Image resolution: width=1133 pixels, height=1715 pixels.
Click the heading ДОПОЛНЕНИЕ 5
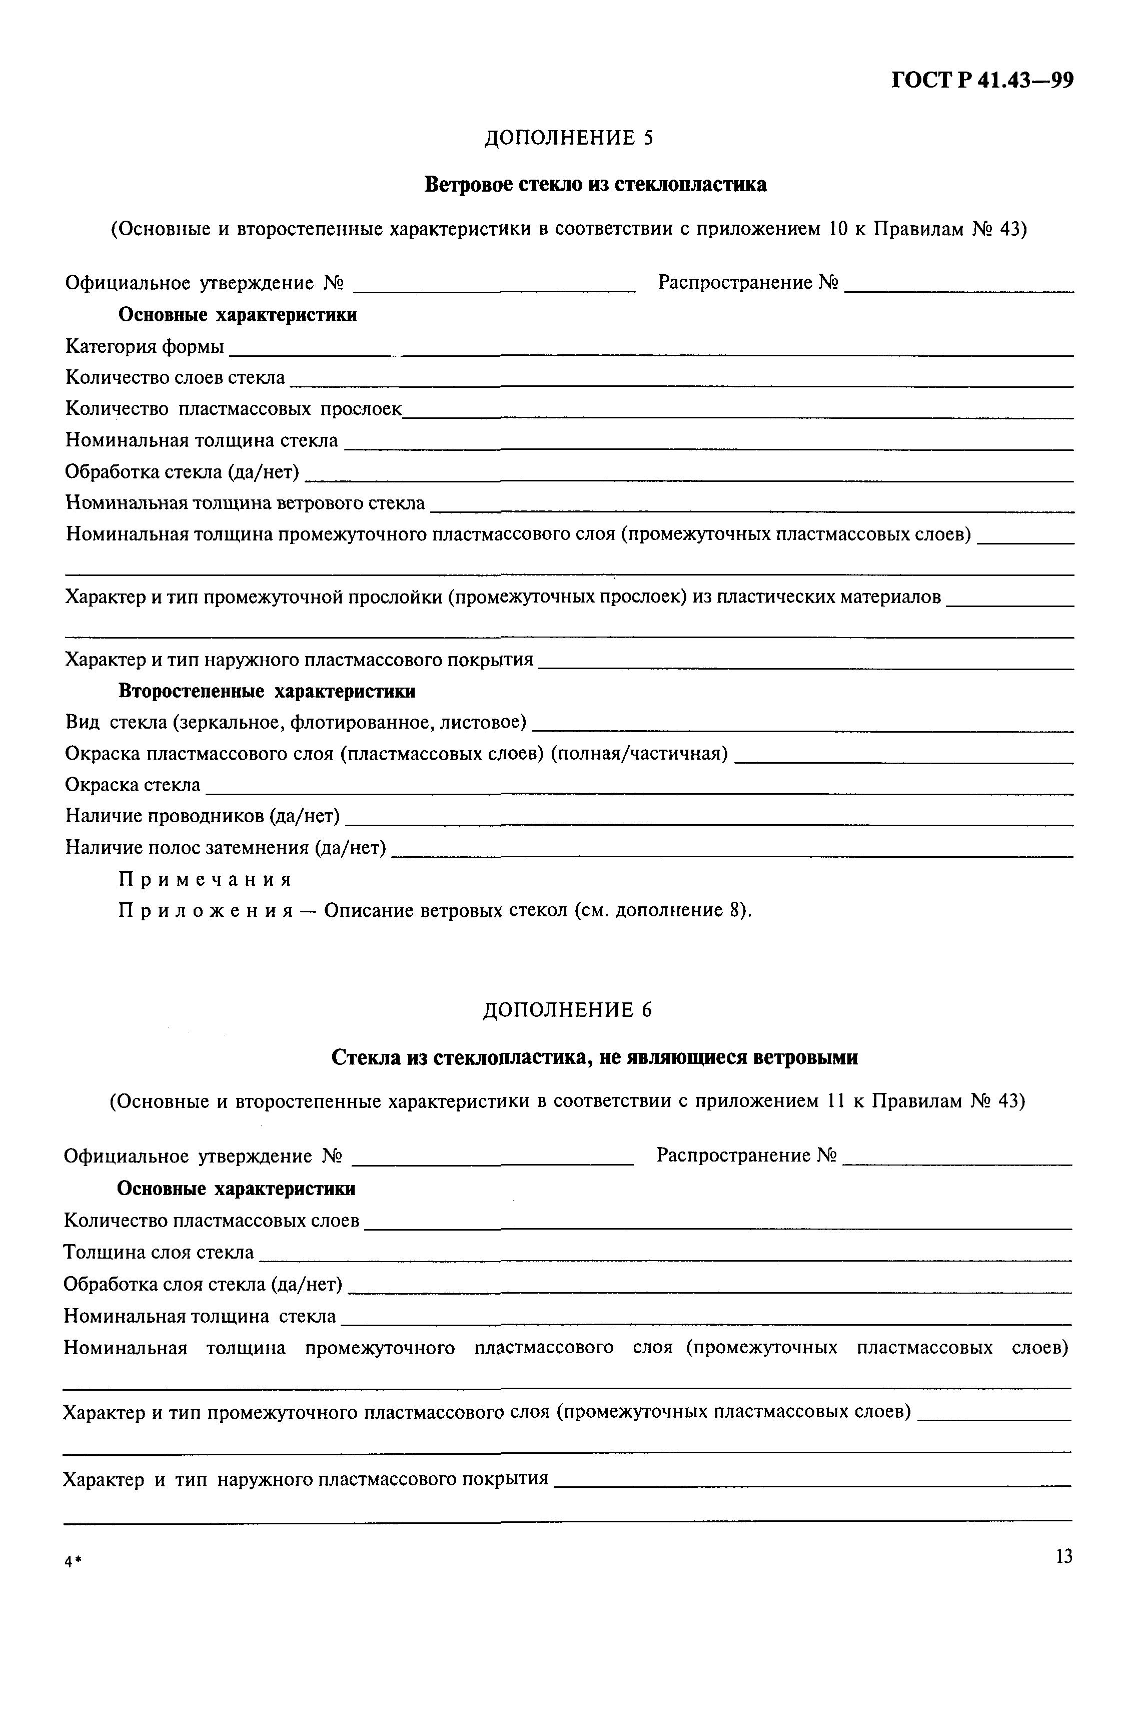pyautogui.click(x=568, y=137)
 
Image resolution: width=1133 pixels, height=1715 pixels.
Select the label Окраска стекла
pyautogui.click(x=133, y=785)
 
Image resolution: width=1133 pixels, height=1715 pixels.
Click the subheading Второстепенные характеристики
pyautogui.click(x=267, y=691)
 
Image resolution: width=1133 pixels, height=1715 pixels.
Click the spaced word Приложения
pyautogui.click(x=205, y=911)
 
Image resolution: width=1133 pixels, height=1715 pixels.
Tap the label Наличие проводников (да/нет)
pyautogui.click(x=202, y=816)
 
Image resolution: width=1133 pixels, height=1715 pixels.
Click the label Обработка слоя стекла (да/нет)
pyautogui.click(x=202, y=1284)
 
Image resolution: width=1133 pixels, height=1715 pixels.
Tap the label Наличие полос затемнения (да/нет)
pyautogui.click(x=226, y=847)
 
